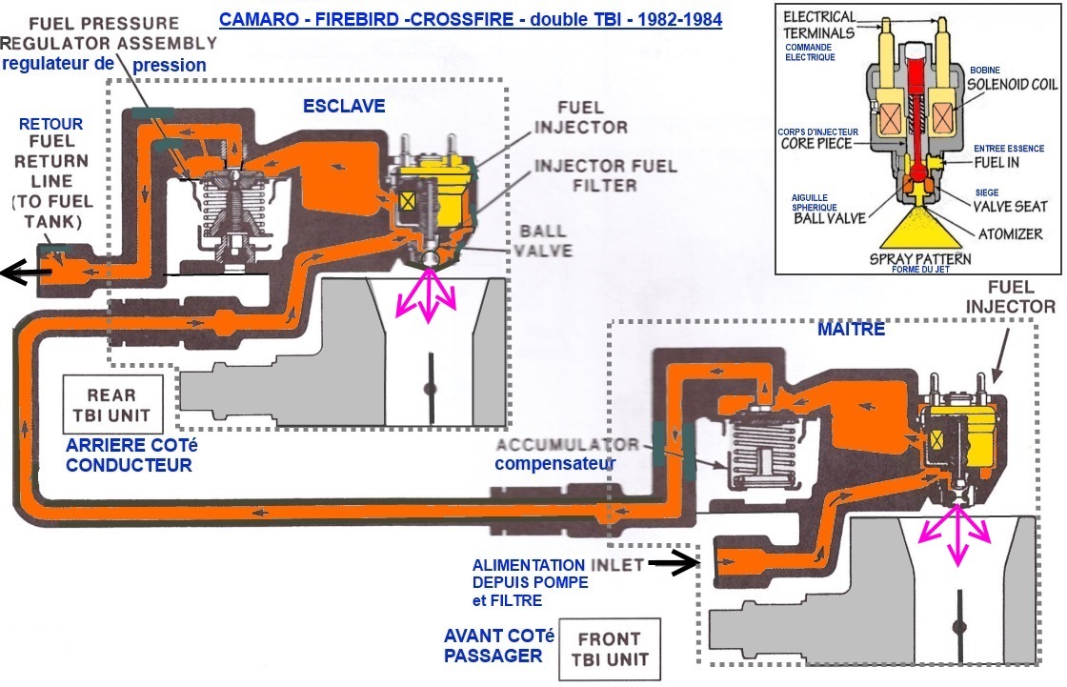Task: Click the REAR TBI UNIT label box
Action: [x=111, y=404]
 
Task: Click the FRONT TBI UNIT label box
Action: [x=614, y=648]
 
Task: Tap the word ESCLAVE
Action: [x=344, y=106]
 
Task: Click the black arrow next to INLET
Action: [x=673, y=565]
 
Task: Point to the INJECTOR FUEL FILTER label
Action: [x=605, y=174]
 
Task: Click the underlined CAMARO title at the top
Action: [x=471, y=19]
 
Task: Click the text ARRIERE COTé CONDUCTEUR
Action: [x=129, y=455]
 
